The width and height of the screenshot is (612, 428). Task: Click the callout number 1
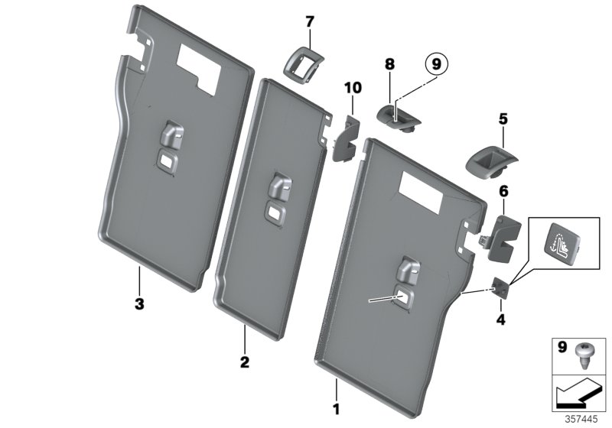334,398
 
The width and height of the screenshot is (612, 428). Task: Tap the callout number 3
138,304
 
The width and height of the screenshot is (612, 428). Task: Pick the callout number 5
503,119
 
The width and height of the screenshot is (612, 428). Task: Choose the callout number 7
310,22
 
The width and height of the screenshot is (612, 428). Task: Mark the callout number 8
389,66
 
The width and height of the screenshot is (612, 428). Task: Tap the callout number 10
352,89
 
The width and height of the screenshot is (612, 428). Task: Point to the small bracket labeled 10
348,136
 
